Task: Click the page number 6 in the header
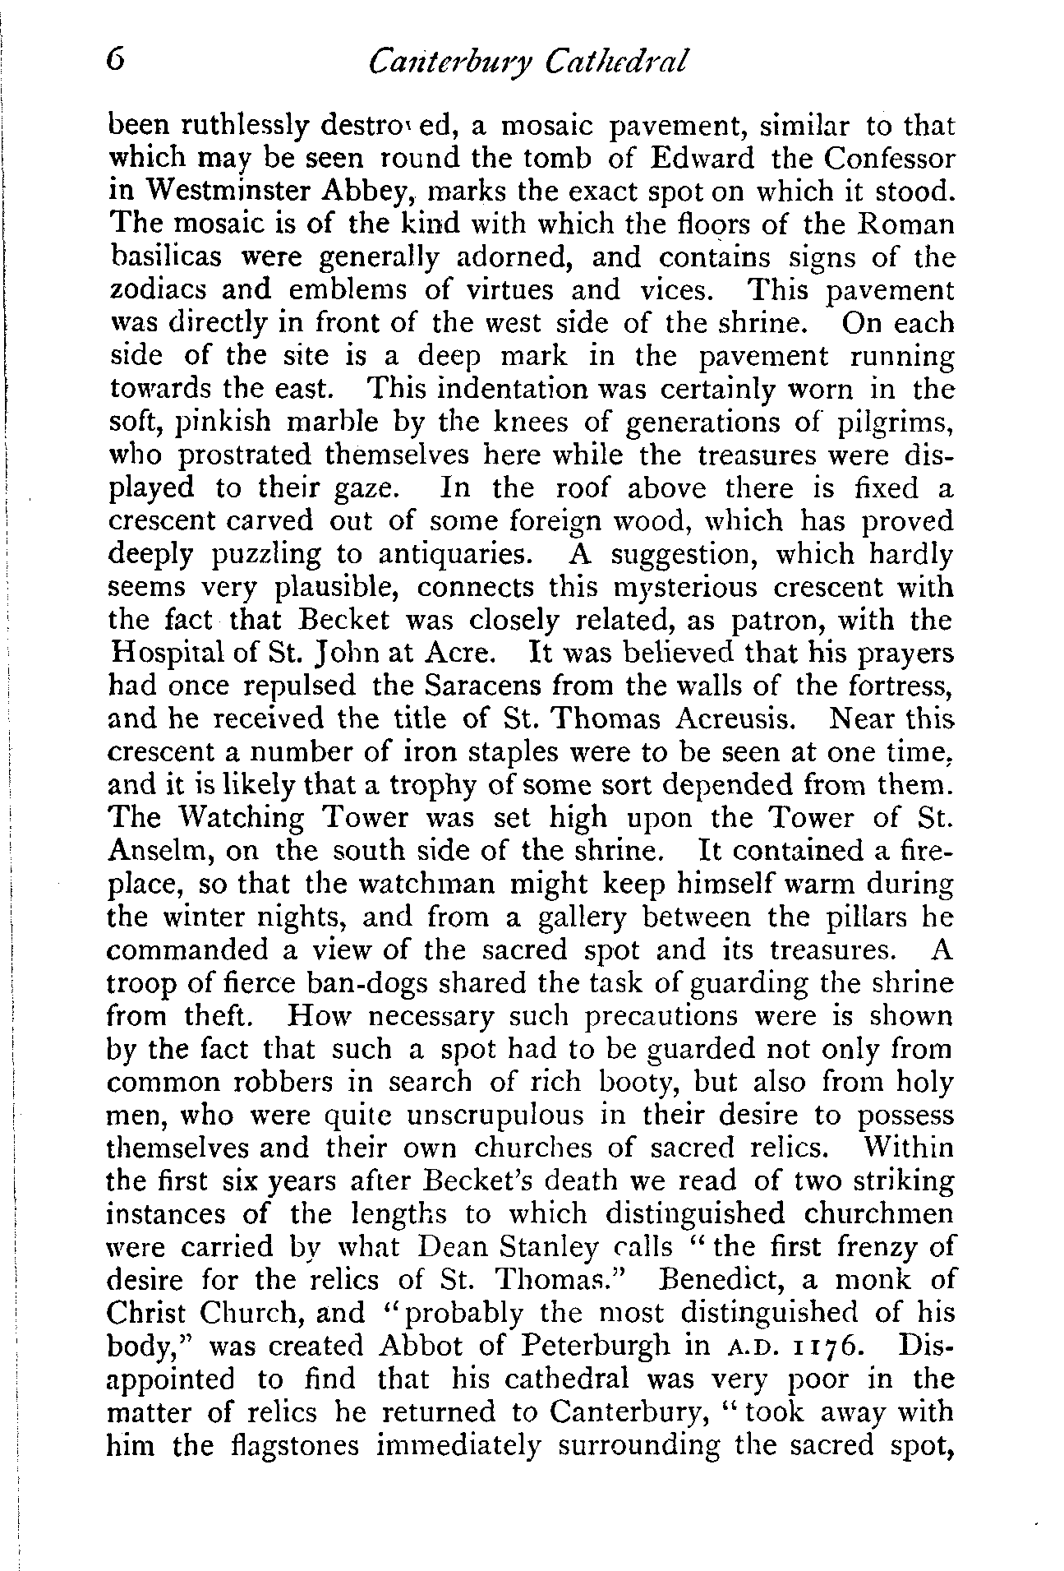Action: (x=117, y=62)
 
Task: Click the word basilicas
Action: (x=165, y=258)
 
